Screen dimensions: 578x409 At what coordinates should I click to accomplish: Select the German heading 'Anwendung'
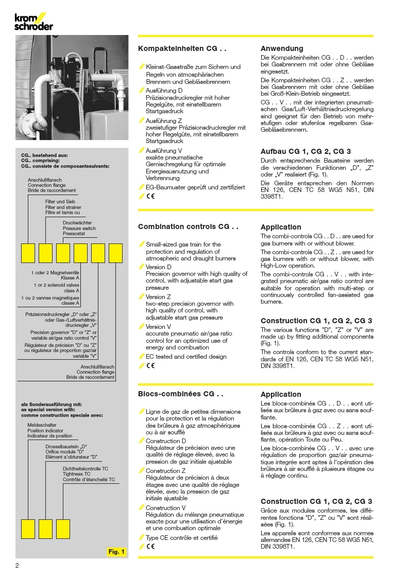282,49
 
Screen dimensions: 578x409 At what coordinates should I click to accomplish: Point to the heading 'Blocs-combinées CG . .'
181,394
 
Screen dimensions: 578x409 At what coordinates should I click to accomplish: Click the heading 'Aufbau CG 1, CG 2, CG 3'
306,151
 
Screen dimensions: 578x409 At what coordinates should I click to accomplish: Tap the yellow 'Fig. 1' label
116,552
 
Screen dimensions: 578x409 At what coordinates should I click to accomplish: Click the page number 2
17,566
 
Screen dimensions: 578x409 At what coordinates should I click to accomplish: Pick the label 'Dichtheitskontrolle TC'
86,469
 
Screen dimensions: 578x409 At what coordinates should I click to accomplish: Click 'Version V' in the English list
158,327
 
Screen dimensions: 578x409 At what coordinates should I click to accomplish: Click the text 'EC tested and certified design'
186,357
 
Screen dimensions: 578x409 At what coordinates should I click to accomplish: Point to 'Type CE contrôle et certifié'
181,538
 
